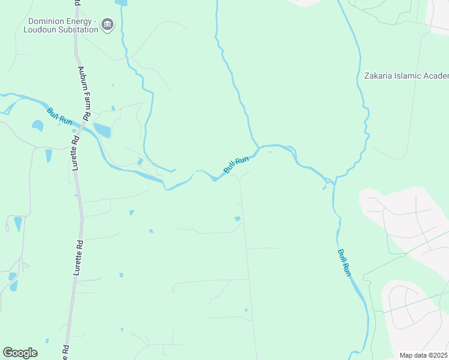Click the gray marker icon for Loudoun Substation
tap(107, 24)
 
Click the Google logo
tap(20, 353)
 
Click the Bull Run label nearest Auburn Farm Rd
tap(59, 116)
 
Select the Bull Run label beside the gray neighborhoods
tap(343, 262)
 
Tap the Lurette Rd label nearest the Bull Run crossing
tap(76, 154)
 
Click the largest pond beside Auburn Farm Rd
tap(103, 130)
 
